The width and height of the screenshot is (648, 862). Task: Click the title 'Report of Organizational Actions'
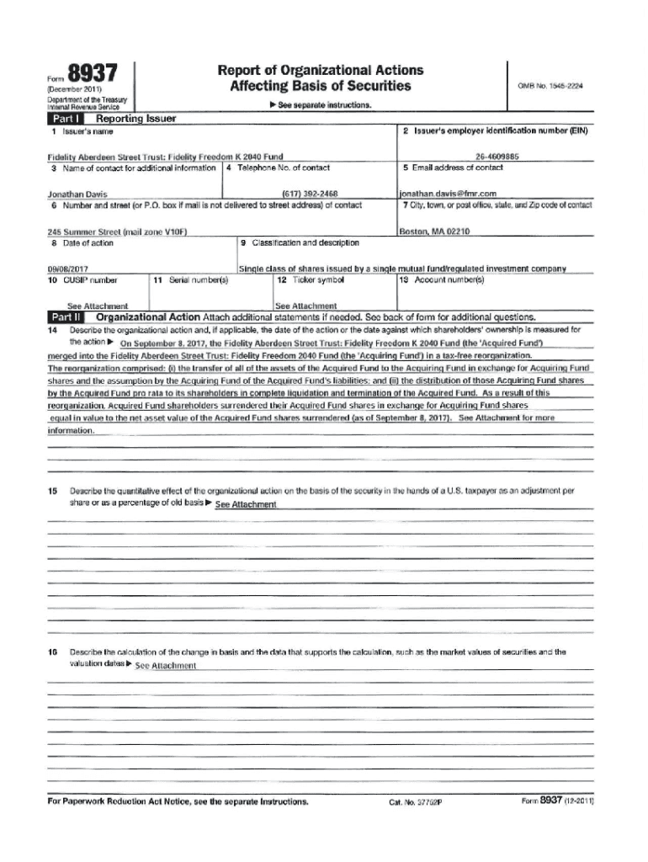[x=320, y=71]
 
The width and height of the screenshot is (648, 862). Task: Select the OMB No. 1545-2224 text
[x=551, y=86]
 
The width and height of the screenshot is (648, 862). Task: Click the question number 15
[x=53, y=489]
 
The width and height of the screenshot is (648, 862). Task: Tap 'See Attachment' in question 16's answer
[x=166, y=666]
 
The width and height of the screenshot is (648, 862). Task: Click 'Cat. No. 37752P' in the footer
[x=415, y=802]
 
